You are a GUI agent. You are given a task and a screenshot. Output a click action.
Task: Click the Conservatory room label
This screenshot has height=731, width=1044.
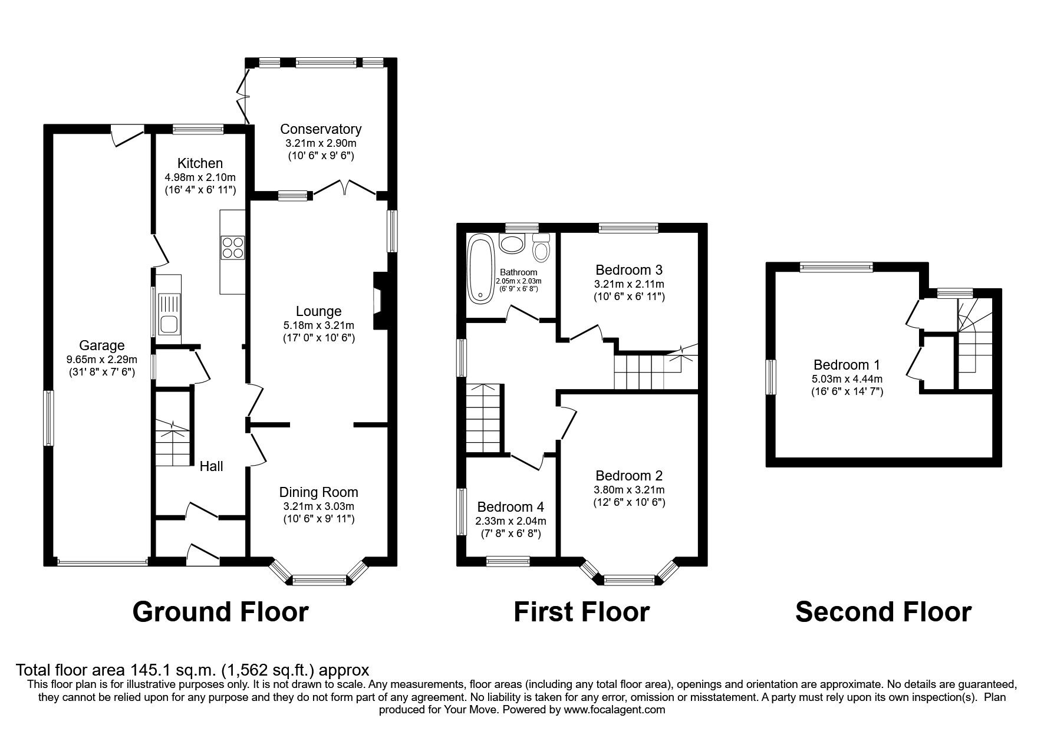pyautogui.click(x=321, y=129)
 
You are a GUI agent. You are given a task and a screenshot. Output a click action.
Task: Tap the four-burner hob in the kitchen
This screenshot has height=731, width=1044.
pyautogui.click(x=232, y=247)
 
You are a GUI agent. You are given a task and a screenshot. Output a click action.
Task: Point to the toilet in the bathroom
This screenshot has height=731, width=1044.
pyautogui.click(x=541, y=248)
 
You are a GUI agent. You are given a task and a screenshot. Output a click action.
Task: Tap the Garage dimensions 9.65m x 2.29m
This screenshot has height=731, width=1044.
pyautogui.click(x=102, y=360)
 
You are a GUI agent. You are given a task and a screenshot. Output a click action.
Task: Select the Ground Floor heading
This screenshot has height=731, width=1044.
pyautogui.click(x=220, y=612)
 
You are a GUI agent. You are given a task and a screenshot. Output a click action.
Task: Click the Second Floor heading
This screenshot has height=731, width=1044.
pyautogui.click(x=883, y=612)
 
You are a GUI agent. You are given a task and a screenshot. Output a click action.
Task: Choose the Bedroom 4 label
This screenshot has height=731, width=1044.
pyautogui.click(x=511, y=507)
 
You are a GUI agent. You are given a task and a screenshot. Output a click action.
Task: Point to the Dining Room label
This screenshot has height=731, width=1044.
pyautogui.click(x=318, y=492)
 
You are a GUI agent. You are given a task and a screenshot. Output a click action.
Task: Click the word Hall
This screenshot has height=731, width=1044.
pyautogui.click(x=211, y=466)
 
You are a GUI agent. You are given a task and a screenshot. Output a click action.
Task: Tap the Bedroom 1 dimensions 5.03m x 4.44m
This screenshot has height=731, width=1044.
pyautogui.click(x=849, y=379)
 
